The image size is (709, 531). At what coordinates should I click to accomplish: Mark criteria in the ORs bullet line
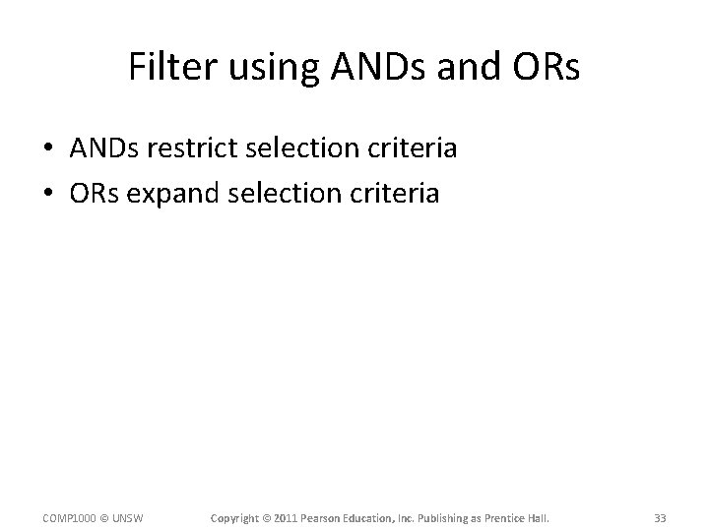pyautogui.click(x=390, y=194)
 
